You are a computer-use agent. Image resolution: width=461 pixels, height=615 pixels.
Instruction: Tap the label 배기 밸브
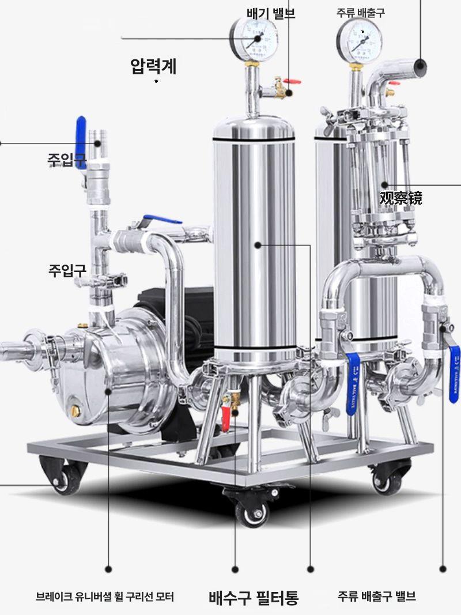[271, 13]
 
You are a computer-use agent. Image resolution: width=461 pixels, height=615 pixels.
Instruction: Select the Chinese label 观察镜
[400, 198]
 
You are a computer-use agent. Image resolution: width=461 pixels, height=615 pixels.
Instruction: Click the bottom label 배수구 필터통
[254, 597]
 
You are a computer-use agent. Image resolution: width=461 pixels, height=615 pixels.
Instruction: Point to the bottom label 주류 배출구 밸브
[377, 596]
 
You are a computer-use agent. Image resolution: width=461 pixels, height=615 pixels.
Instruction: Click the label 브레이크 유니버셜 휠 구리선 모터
[105, 597]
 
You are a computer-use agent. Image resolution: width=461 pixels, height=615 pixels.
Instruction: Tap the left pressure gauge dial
[254, 39]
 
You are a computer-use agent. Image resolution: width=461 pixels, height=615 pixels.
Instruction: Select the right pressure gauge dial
[360, 40]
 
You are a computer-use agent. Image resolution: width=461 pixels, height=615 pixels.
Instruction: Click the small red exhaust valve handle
[292, 82]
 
